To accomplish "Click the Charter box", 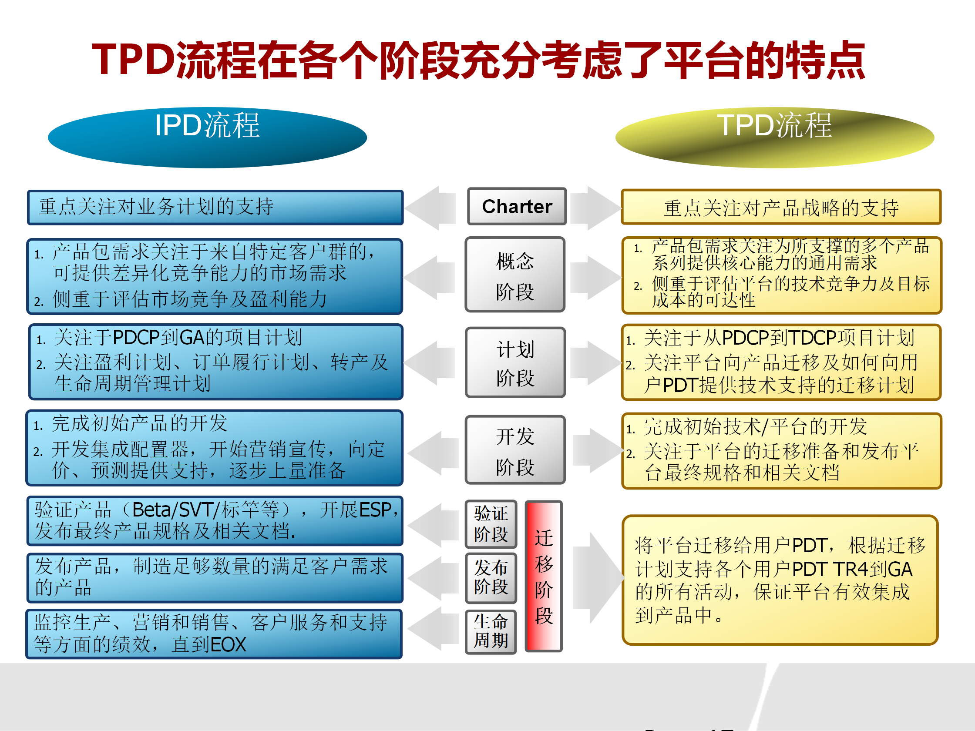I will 517,207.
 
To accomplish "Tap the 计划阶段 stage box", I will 515,362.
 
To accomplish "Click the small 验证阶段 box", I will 491,524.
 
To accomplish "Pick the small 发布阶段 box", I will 491,577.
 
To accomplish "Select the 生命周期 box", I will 491,631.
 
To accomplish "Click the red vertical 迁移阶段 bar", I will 544,576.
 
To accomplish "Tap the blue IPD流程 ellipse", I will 207,137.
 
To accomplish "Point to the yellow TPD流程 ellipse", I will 774,137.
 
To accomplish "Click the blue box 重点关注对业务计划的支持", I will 215,207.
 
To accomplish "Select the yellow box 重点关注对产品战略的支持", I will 780,208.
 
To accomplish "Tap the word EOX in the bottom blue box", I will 228,645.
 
